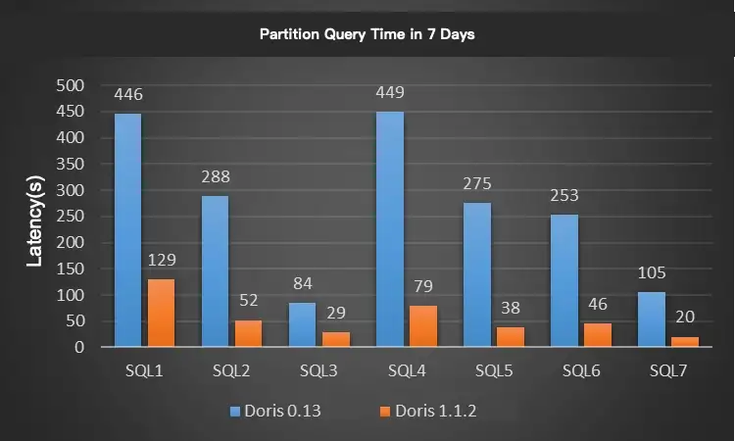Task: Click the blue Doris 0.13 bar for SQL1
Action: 127,230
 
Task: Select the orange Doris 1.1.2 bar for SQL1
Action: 161,313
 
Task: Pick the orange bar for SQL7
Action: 685,341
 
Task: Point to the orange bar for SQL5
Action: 511,336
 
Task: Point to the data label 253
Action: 564,196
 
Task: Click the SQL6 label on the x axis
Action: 580,372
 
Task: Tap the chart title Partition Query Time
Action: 367,34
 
